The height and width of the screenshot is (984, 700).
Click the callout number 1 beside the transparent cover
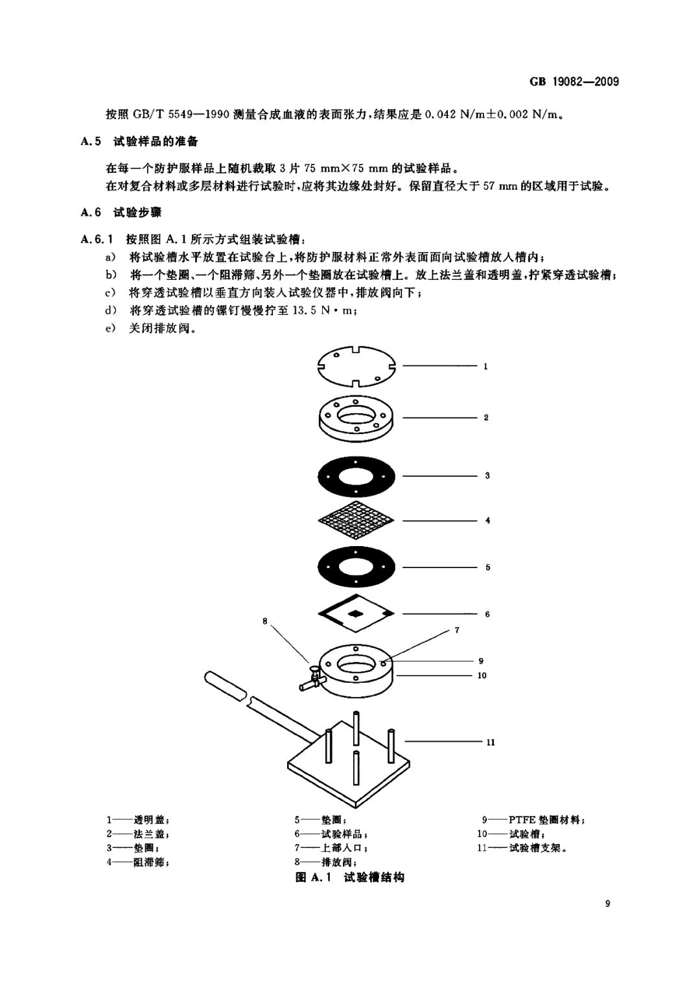coord(485,367)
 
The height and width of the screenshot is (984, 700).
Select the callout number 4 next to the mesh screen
coord(487,520)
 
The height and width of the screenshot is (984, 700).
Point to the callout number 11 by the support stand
coord(490,742)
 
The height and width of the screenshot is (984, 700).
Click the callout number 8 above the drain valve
coord(264,621)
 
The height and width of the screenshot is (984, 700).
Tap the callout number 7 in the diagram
coord(456,630)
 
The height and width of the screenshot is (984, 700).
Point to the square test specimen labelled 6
coord(356,613)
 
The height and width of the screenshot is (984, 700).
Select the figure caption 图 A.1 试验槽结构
coord(349,878)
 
